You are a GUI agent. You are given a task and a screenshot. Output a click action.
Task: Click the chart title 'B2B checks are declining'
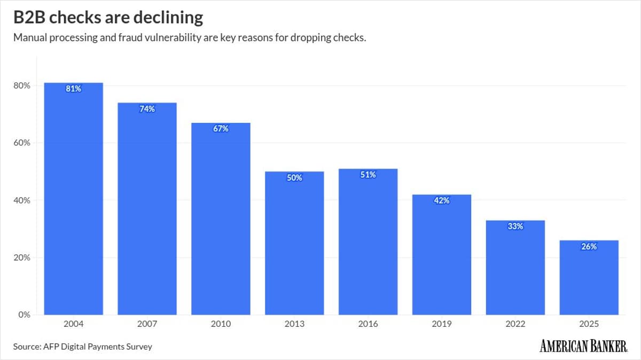(x=108, y=18)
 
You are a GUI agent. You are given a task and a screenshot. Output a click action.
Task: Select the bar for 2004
(x=73, y=203)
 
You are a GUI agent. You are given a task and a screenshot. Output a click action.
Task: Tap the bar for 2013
(x=294, y=246)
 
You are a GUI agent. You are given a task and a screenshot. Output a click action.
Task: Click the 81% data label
(x=73, y=89)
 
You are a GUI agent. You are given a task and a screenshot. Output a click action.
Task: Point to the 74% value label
(x=147, y=109)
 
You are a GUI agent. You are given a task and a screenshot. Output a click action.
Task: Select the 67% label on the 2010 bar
(x=221, y=129)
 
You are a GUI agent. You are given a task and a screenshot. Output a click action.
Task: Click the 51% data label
(x=368, y=175)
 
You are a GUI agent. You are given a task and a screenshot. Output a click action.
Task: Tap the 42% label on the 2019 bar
(x=442, y=201)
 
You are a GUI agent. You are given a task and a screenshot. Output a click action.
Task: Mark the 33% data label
(x=515, y=226)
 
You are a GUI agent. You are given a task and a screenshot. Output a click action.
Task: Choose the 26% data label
(x=589, y=247)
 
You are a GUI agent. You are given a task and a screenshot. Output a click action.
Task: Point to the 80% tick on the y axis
(x=21, y=86)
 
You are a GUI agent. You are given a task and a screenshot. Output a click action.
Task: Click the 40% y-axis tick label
(x=21, y=200)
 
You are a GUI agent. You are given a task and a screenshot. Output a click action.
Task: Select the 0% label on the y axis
(x=24, y=315)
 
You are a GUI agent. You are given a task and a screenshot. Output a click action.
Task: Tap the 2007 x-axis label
(x=147, y=324)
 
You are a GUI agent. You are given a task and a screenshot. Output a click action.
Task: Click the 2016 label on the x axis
(x=368, y=324)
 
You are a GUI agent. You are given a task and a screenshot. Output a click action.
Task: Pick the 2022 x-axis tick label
(x=515, y=324)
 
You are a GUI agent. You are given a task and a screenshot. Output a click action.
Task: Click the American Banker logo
(x=583, y=346)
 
